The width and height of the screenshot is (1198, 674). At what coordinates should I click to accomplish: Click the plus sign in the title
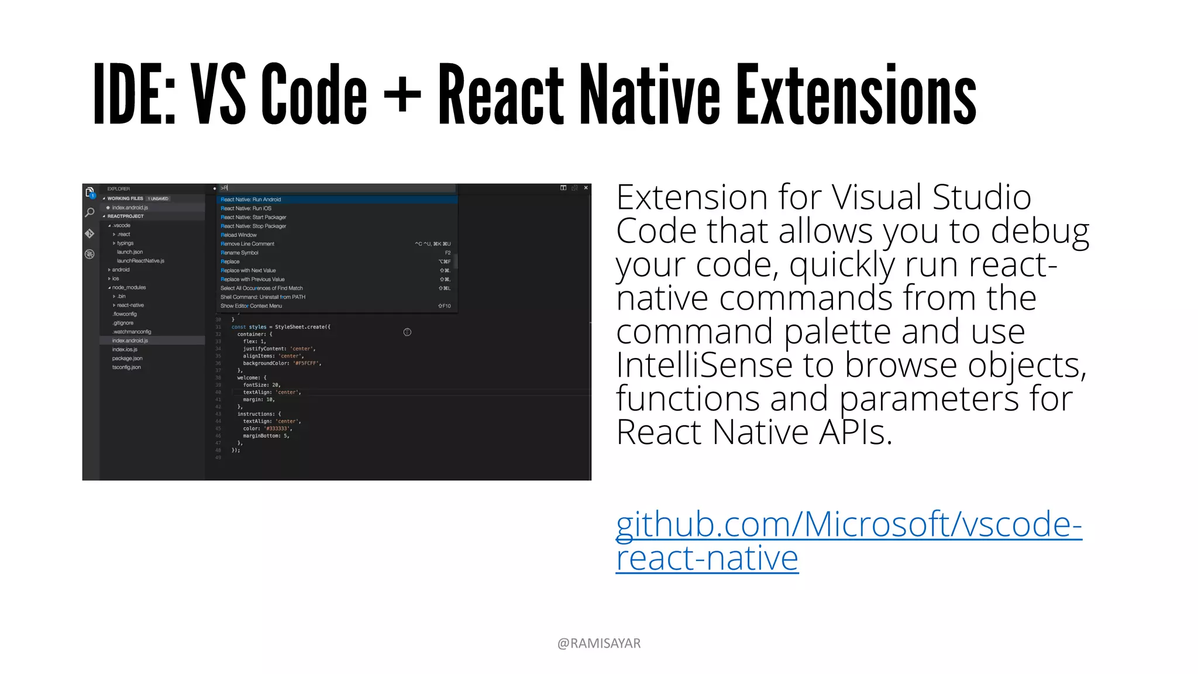click(402, 94)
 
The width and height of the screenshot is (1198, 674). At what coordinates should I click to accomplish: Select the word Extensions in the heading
click(856, 95)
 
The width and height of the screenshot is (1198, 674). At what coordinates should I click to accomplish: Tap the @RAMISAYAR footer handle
click(599, 643)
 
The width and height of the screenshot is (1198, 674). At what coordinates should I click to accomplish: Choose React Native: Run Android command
click(251, 200)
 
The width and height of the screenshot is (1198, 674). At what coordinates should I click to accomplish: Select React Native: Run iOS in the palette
click(246, 208)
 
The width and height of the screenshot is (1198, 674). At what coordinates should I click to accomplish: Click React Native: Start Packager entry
click(253, 217)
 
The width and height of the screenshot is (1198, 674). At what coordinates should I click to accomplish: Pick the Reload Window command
click(239, 235)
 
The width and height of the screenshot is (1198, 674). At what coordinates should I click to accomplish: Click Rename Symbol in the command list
click(239, 253)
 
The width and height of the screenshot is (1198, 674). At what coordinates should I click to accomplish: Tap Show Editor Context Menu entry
click(251, 306)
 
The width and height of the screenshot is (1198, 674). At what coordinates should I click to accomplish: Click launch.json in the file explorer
click(130, 252)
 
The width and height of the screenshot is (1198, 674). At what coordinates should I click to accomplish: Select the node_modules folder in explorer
click(129, 287)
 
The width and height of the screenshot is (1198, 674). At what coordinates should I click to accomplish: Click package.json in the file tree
click(127, 358)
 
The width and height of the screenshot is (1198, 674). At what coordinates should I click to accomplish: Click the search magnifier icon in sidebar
click(89, 212)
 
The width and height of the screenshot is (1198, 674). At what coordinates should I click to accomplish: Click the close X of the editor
click(586, 188)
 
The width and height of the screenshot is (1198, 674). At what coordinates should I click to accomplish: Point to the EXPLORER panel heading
click(119, 189)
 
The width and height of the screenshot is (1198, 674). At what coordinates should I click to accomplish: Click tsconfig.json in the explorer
click(126, 367)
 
